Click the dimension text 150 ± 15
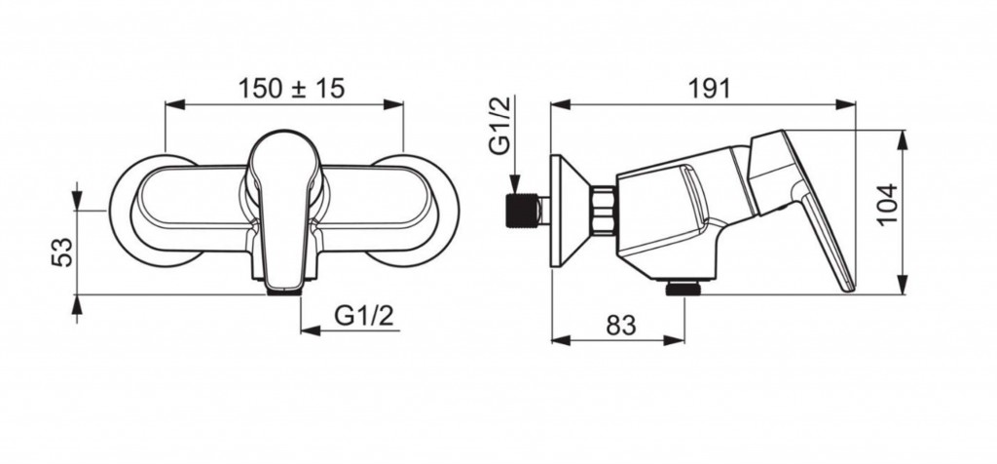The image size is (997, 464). [291, 89]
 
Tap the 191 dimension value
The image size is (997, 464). [710, 89]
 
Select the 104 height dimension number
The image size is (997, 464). [887, 204]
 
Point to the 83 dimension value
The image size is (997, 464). [620, 326]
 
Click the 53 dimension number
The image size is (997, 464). [62, 252]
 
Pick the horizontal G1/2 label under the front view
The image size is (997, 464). [364, 315]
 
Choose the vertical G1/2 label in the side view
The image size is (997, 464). [499, 126]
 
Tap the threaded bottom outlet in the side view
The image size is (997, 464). [683, 289]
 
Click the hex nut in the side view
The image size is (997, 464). [603, 211]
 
